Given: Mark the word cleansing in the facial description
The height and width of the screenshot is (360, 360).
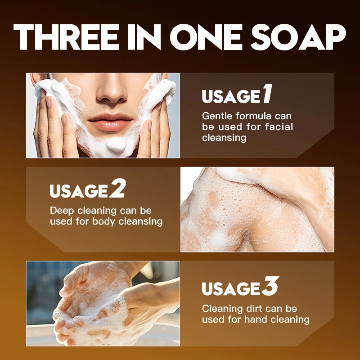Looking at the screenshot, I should pos(224,138).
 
